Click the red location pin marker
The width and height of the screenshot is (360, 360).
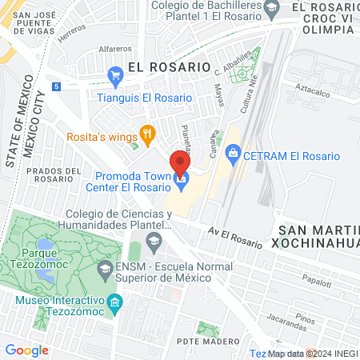[181, 164]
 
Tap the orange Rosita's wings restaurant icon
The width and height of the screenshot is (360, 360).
[146, 133]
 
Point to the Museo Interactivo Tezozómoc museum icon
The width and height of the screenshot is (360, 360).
[114, 302]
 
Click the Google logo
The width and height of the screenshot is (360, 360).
[26, 350]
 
